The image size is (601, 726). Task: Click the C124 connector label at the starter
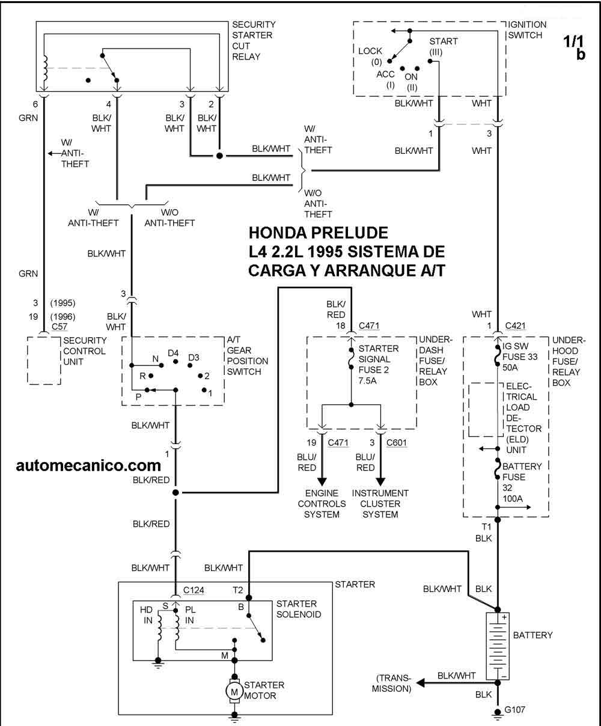pos(194,590)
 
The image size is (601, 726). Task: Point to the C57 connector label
pos(59,326)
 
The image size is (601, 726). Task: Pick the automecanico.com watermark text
pos(89,465)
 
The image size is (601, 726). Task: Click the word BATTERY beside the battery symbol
pos(532,635)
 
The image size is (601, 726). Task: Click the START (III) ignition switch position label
pos(443,47)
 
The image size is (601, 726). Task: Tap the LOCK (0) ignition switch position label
pos(370,56)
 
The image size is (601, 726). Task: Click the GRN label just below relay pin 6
pos(28,118)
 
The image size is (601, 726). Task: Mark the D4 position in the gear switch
pos(174,353)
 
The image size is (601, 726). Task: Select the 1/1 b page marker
pos(575,47)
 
